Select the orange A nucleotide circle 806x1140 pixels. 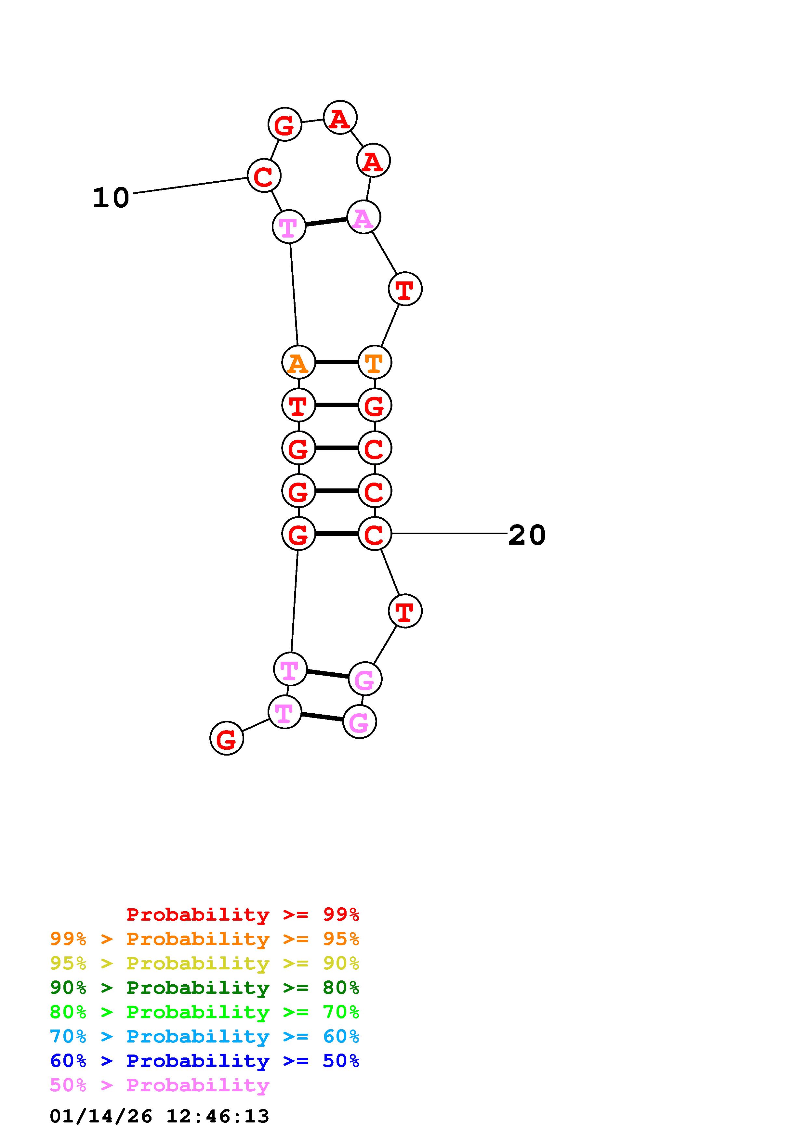(298, 362)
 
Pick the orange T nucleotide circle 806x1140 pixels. (375, 362)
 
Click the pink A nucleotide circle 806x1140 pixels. (363, 217)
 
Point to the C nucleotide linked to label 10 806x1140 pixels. (264, 175)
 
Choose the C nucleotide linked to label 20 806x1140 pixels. (375, 534)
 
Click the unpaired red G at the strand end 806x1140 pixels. (227, 738)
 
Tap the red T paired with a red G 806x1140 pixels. (298, 405)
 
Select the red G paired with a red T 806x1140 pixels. (375, 405)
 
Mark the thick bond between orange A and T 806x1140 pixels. (336, 362)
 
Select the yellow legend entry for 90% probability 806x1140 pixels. (204, 963)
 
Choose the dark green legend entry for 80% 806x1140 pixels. (204, 988)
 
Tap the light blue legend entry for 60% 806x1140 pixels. (204, 1036)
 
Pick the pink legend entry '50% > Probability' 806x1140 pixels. (159, 1085)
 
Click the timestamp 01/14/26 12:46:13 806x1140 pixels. (159, 1116)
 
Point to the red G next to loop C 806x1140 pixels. (284, 124)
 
